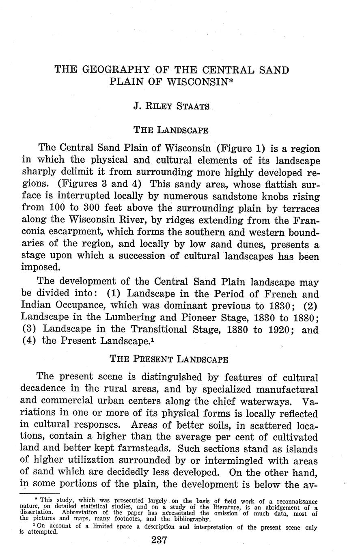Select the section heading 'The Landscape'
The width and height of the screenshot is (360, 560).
pyautogui.click(x=171, y=130)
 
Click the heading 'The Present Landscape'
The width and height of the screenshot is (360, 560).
pyautogui.click(x=169, y=359)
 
